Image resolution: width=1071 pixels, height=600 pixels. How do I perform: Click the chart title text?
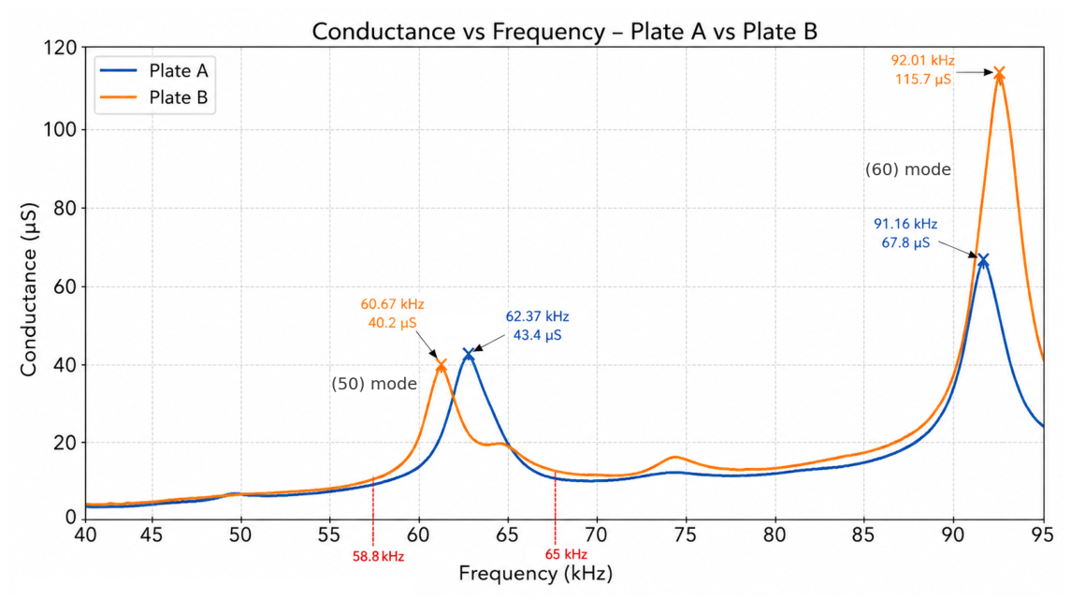click(x=564, y=32)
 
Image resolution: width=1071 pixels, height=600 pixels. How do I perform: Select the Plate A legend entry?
click(x=153, y=70)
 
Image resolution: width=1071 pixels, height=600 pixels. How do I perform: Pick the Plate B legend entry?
click(x=153, y=97)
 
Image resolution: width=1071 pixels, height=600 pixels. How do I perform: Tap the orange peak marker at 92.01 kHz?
click(x=999, y=72)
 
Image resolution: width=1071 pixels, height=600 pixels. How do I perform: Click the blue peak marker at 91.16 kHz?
click(x=983, y=259)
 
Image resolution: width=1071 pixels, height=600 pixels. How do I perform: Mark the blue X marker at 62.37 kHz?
click(x=468, y=354)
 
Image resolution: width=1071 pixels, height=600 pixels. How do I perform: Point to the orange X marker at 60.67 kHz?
click(x=441, y=366)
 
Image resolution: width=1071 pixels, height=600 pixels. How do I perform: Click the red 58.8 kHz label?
click(x=379, y=556)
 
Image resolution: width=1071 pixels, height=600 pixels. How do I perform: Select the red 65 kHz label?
click(x=566, y=554)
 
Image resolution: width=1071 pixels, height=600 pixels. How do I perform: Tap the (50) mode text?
click(x=374, y=384)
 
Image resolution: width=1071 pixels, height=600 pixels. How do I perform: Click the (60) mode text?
click(x=907, y=169)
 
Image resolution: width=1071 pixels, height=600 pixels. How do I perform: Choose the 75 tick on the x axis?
click(x=685, y=534)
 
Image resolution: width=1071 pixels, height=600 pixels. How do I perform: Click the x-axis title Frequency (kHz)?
click(x=535, y=574)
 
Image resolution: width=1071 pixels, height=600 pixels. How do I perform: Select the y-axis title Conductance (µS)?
click(x=28, y=289)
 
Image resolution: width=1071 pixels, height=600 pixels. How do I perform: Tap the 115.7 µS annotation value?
click(x=923, y=80)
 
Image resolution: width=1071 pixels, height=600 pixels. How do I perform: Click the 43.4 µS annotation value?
click(x=538, y=335)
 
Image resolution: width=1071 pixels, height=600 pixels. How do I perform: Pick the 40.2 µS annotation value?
click(x=392, y=323)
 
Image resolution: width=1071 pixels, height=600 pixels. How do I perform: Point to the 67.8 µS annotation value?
click(x=905, y=242)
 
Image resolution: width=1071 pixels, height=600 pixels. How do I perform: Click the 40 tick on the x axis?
click(x=85, y=534)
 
